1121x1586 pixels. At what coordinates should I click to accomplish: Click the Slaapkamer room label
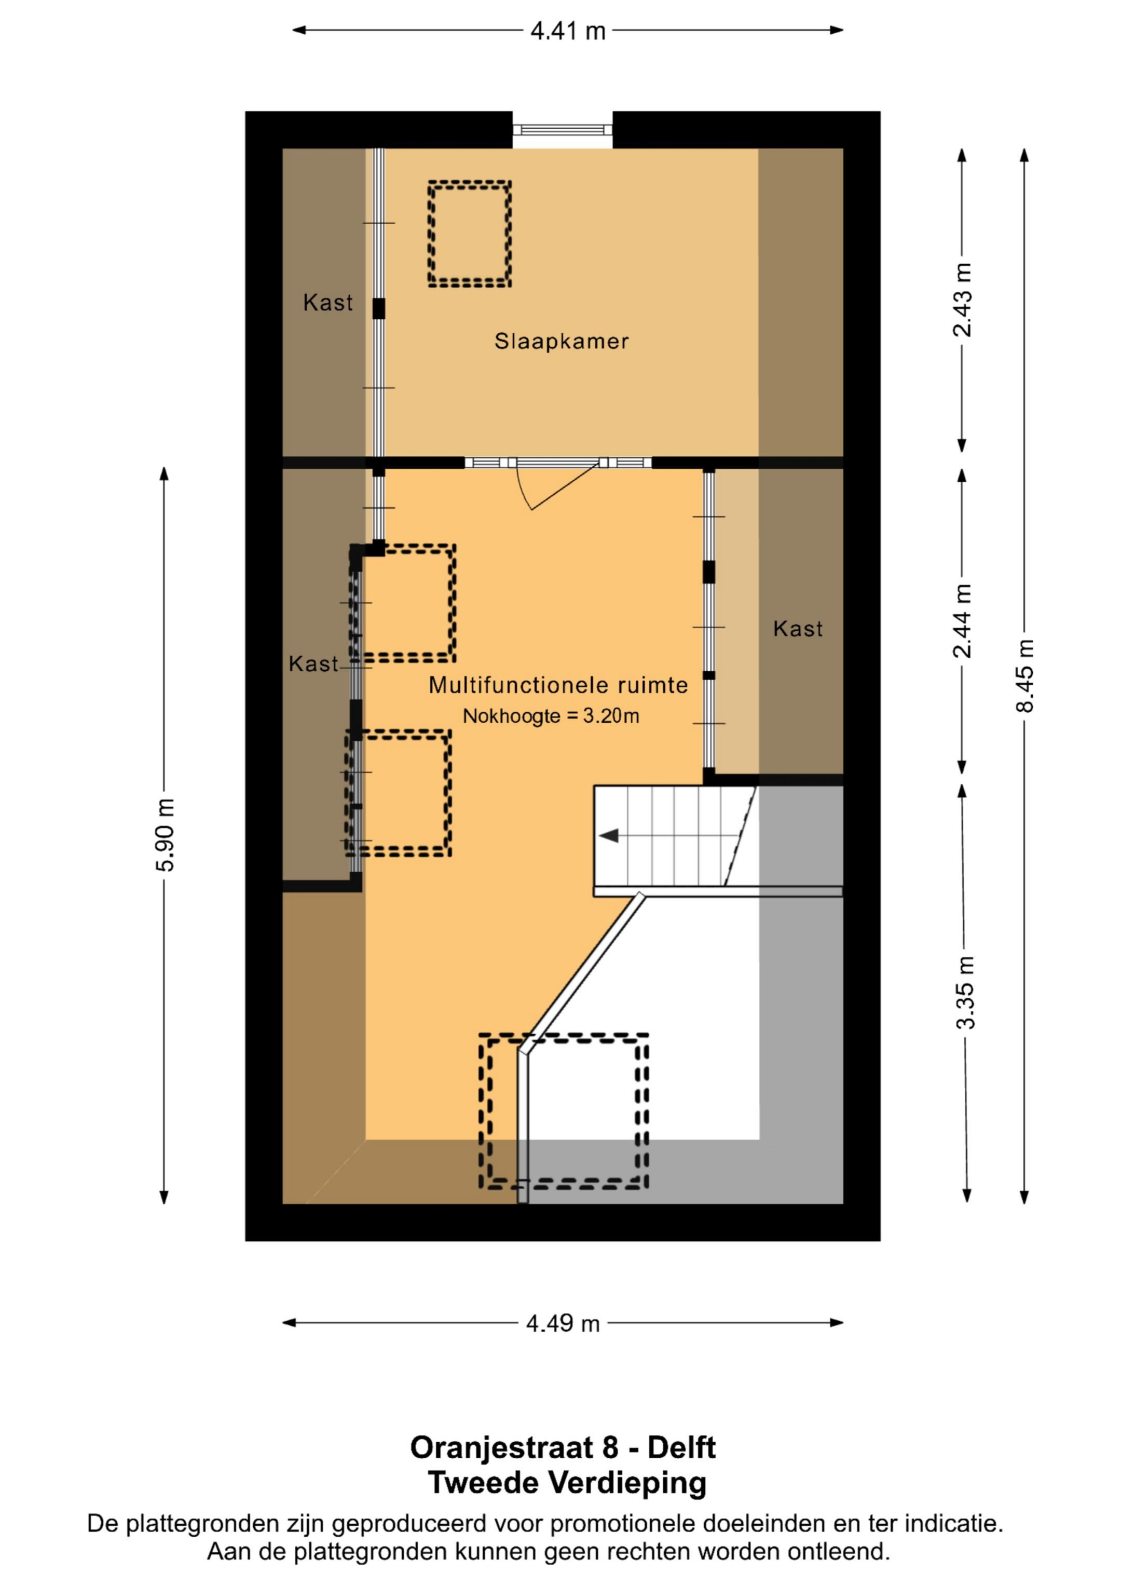[x=561, y=341]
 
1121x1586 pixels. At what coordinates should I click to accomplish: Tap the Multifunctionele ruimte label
[x=558, y=685]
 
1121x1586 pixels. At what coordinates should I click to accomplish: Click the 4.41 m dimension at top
[x=567, y=31]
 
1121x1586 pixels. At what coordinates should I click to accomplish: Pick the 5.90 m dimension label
[x=165, y=834]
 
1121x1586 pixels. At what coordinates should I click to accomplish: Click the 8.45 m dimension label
[x=1024, y=675]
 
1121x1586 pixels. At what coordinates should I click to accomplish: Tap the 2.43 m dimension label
[x=962, y=300]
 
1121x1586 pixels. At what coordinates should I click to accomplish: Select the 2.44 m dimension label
[x=962, y=621]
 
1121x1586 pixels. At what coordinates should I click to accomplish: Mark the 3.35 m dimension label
[x=966, y=992]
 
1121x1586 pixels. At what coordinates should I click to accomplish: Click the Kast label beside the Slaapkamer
[x=327, y=303]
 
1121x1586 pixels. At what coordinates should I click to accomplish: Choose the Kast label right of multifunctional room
[x=797, y=629]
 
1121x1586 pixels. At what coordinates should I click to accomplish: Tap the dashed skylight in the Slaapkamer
[x=469, y=234]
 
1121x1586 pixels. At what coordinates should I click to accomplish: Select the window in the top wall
[x=562, y=130]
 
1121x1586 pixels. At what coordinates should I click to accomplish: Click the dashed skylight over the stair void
[x=564, y=1111]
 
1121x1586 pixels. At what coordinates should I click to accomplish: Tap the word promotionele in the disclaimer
[x=624, y=1523]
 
